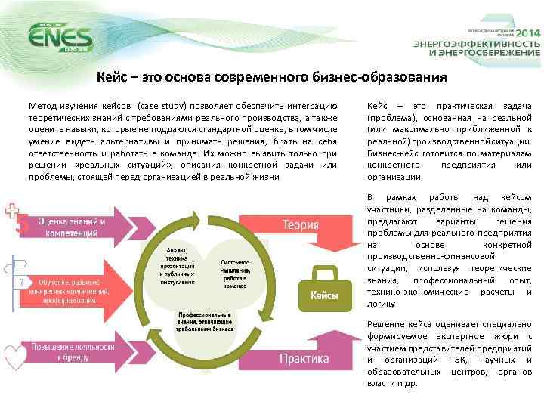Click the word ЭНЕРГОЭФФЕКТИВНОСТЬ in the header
(476, 44)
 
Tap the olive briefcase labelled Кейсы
(324, 290)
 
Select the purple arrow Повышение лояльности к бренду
(72, 352)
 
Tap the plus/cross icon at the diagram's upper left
(13, 211)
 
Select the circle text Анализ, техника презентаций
(178, 264)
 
